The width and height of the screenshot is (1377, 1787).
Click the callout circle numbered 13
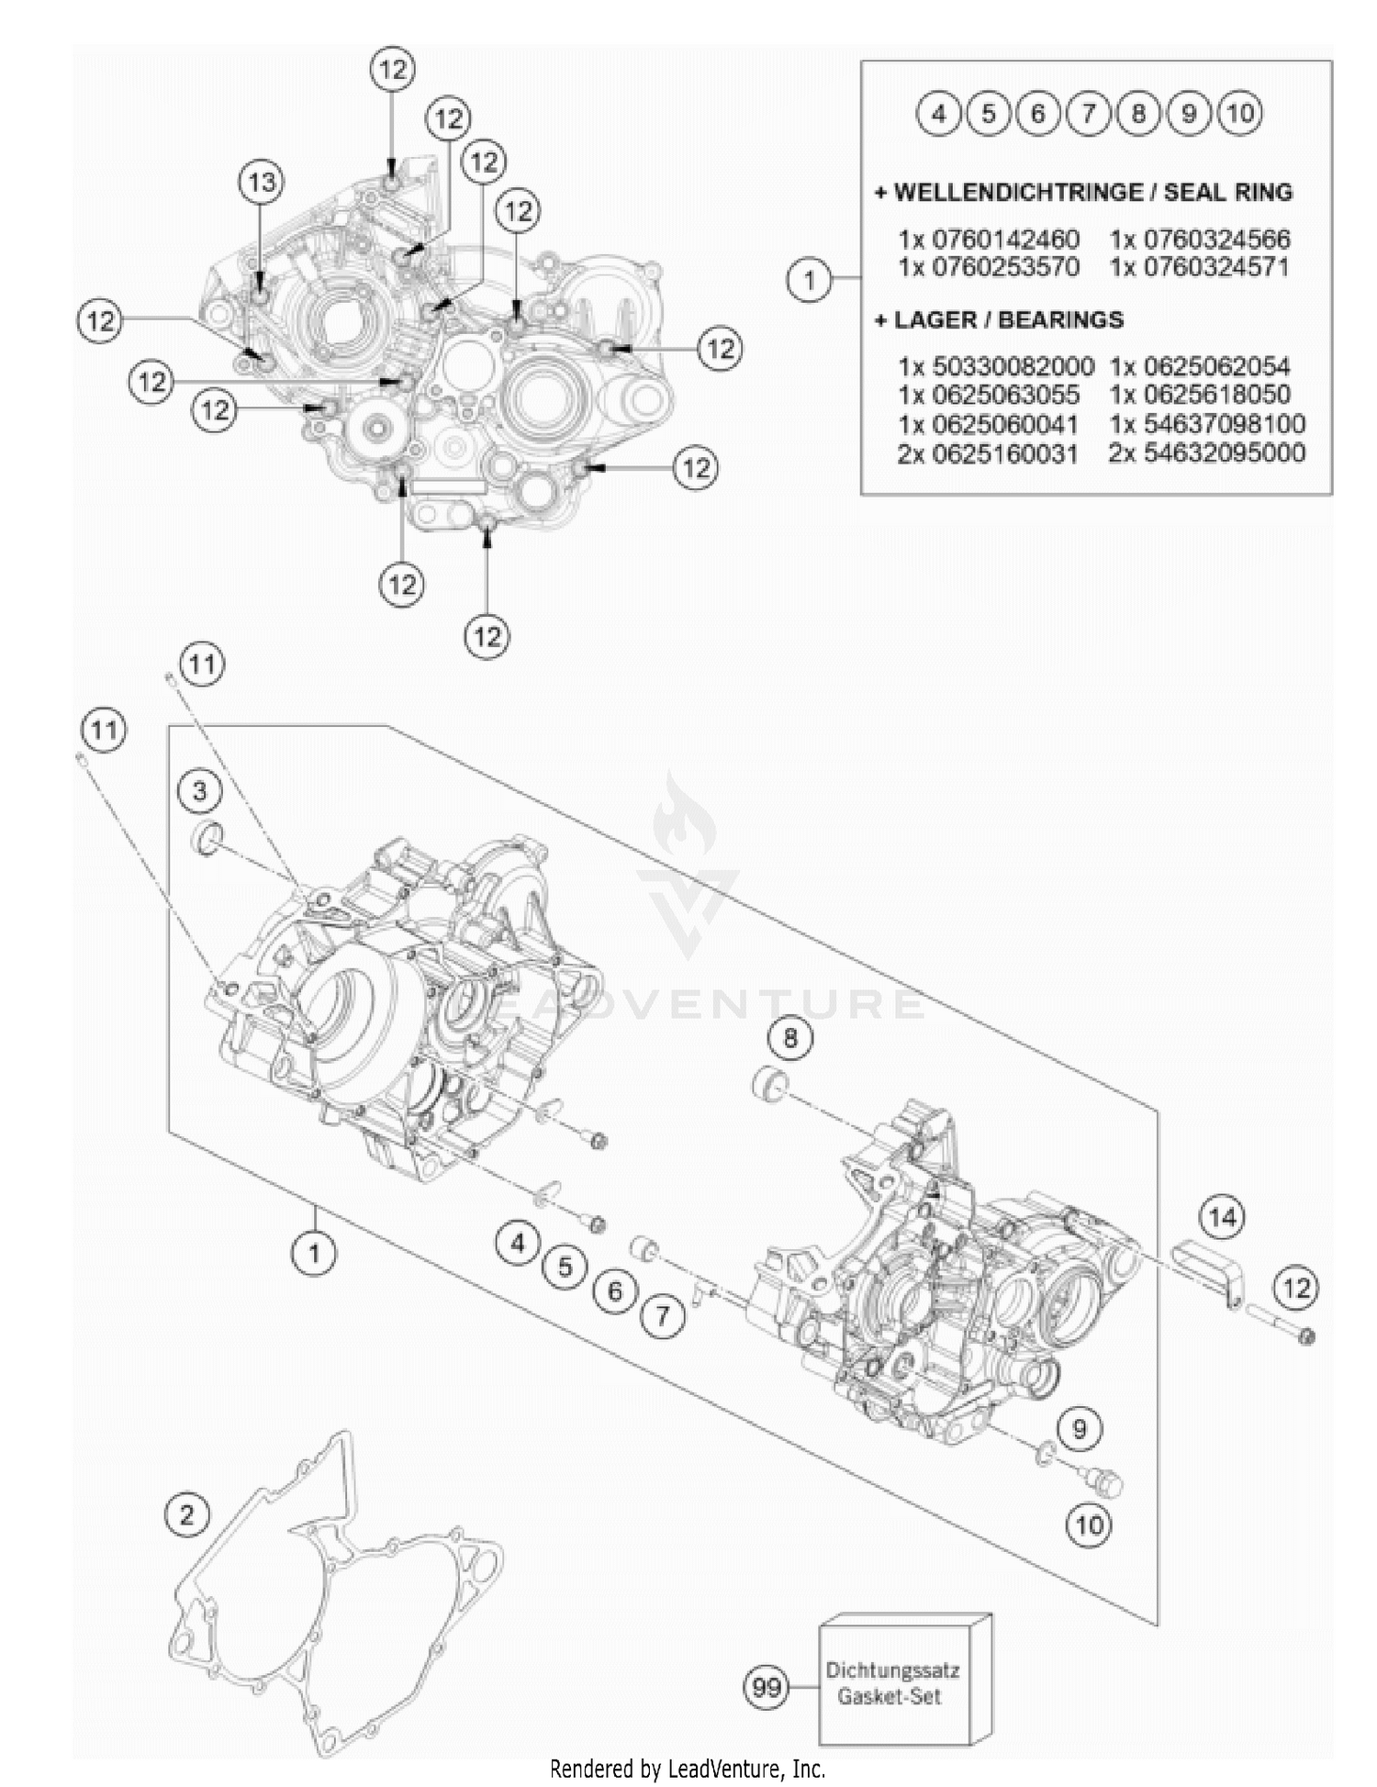262,182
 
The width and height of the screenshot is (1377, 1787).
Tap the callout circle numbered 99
766,1687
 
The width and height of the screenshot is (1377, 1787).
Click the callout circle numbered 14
1222,1217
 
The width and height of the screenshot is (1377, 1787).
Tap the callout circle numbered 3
200,790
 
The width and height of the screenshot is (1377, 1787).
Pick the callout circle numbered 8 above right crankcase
790,1038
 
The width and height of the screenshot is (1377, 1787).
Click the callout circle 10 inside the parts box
1239,114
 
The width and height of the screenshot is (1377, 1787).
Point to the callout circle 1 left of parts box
809,279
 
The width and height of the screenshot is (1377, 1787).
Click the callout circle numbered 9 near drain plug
1080,1428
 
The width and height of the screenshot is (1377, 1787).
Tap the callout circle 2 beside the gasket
187,1514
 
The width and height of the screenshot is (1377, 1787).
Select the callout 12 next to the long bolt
1296,1288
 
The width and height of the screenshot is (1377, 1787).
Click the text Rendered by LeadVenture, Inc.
688,1768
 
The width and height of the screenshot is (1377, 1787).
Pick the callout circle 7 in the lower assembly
663,1317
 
